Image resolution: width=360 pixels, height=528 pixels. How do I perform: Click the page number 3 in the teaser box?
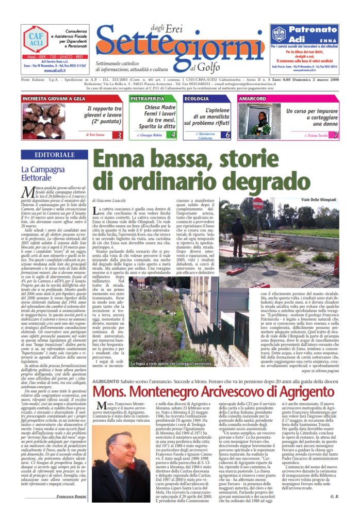click(x=119, y=135)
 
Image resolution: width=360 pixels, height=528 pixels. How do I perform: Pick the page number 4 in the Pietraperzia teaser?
click(x=173, y=135)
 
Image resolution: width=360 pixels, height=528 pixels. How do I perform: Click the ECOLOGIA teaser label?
click(x=197, y=98)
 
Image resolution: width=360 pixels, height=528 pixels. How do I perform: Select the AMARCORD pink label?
click(x=253, y=98)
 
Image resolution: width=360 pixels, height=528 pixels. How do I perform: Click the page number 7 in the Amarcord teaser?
click(x=336, y=135)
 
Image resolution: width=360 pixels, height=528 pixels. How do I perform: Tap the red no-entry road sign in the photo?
click(x=258, y=204)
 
